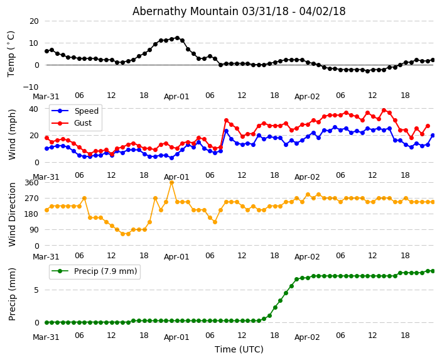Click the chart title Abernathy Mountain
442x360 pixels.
click(239, 11)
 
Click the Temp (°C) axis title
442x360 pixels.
click(11, 53)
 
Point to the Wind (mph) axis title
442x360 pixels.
click(12, 134)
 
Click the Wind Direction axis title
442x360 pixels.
click(12, 214)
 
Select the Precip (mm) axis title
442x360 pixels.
click(12, 294)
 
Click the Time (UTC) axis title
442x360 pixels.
click(239, 350)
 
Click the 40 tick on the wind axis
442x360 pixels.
click(34, 109)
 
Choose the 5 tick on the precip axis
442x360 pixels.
click(36, 290)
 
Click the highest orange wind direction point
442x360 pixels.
click(171, 182)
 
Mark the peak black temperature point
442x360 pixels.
click(177, 38)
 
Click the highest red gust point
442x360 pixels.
click(384, 110)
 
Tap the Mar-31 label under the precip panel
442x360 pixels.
click(46, 337)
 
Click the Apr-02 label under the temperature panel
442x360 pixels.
click(307, 97)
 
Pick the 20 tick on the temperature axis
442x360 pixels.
click(34, 21)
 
